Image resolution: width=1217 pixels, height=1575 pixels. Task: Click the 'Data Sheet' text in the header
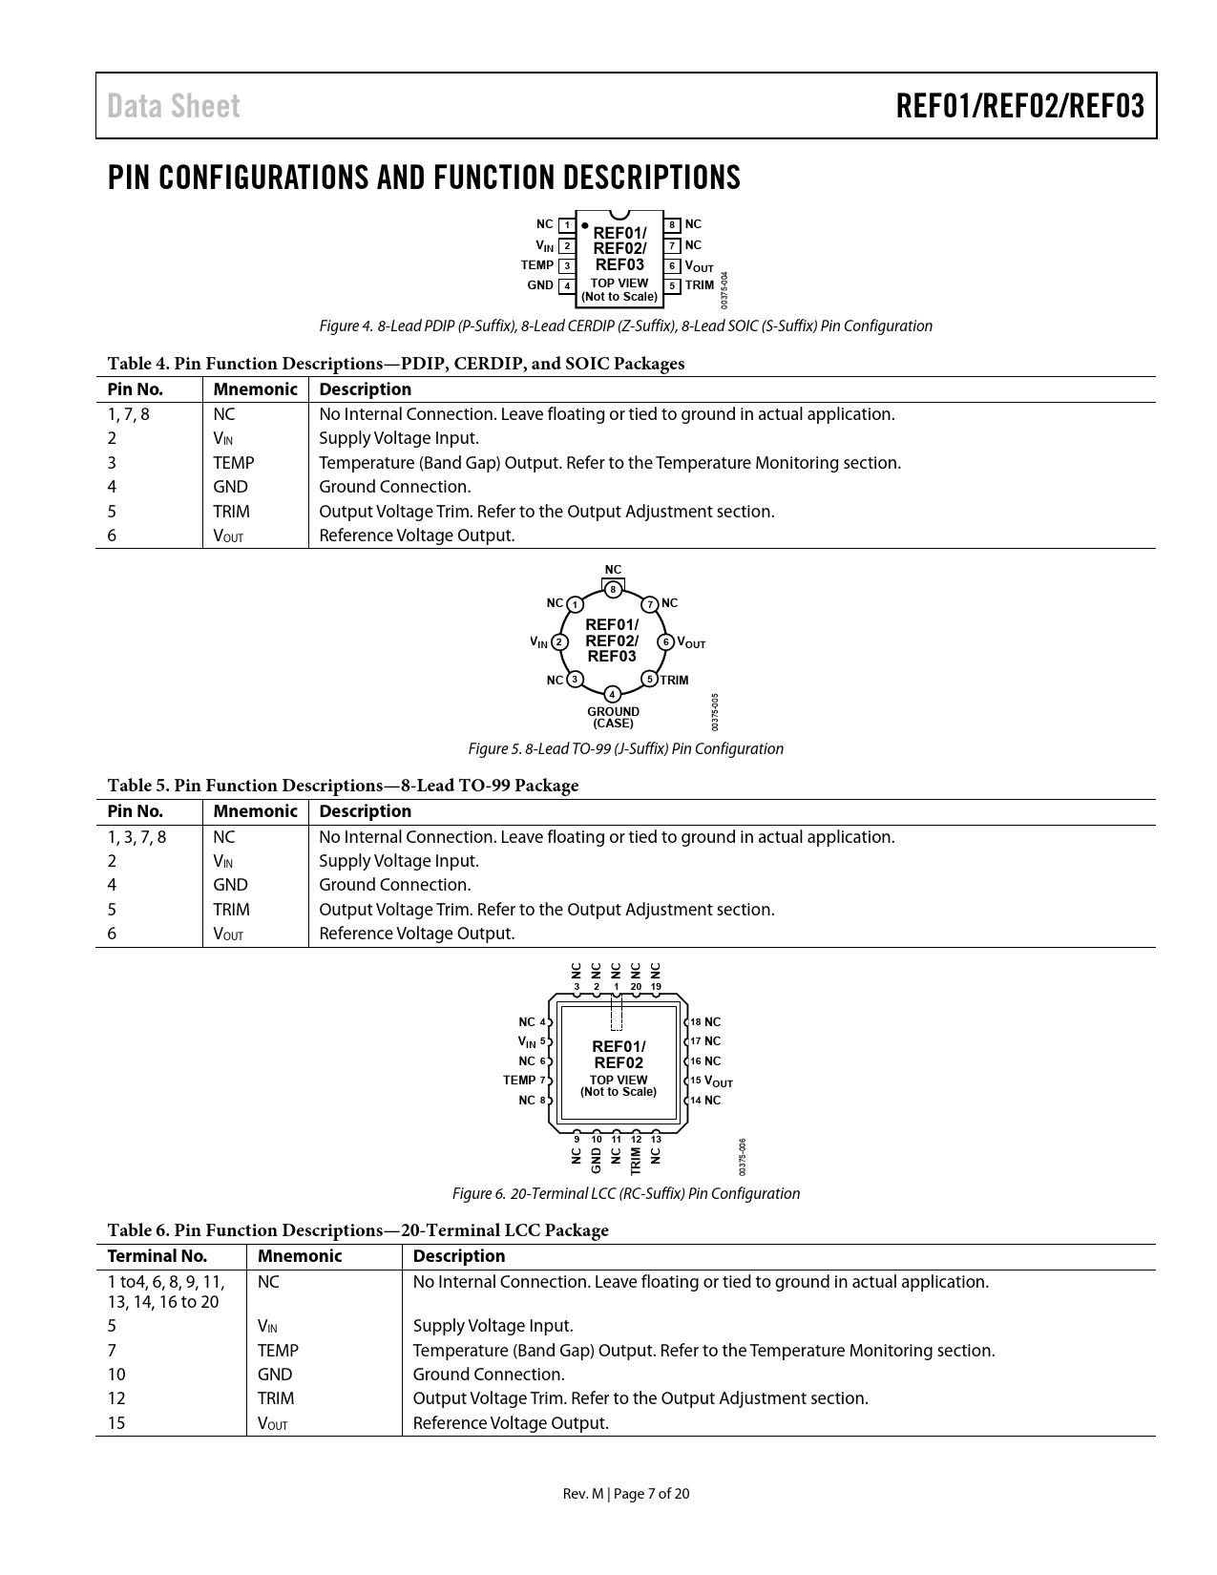coord(174,106)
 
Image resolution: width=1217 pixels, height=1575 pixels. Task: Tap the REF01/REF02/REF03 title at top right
coord(1019,106)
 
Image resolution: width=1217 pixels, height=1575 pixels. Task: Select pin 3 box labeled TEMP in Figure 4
coord(567,265)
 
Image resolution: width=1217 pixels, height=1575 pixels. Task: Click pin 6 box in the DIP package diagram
coord(673,266)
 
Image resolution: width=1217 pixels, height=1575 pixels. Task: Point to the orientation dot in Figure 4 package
coord(584,227)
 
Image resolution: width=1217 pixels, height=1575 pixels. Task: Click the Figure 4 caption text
coord(625,326)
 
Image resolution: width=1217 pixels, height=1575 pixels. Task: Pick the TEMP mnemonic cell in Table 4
coord(234,463)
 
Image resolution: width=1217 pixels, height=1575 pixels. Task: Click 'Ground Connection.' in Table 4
coord(394,487)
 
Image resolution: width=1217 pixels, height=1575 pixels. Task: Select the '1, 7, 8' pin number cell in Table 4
coord(129,414)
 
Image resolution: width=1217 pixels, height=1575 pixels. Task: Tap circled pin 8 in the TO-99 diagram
coord(613,589)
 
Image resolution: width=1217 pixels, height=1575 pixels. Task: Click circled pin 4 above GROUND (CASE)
coord(613,693)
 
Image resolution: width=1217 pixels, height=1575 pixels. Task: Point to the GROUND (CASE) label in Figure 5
coord(613,717)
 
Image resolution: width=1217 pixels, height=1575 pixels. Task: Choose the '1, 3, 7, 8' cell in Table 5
coord(136,837)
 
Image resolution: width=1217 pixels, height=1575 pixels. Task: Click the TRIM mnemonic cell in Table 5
coord(231,910)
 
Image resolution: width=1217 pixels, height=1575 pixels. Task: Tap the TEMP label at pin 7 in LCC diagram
coord(519,1081)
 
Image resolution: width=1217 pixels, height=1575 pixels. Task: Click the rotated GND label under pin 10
coord(597,1159)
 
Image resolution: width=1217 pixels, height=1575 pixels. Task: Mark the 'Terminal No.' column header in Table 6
coord(157,1256)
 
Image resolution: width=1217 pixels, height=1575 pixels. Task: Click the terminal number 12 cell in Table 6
coord(116,1398)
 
